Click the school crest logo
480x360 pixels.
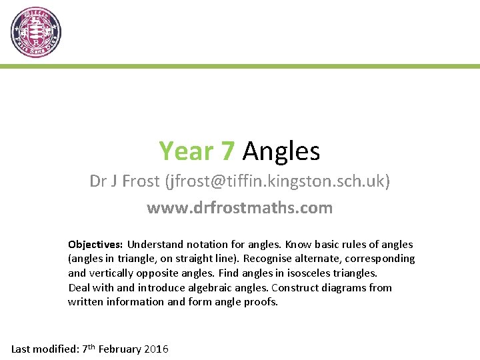(36, 32)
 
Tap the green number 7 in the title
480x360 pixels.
(227, 151)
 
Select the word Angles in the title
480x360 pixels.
(281, 152)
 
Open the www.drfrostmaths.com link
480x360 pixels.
(240, 208)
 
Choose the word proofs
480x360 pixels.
(261, 302)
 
